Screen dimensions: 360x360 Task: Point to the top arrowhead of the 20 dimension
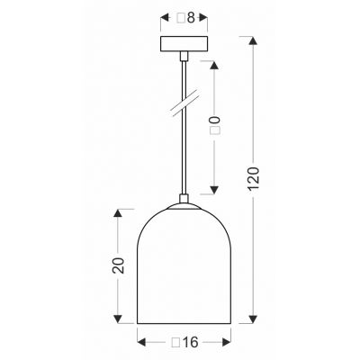[118, 212]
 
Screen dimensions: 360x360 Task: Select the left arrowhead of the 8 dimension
[163, 16]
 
